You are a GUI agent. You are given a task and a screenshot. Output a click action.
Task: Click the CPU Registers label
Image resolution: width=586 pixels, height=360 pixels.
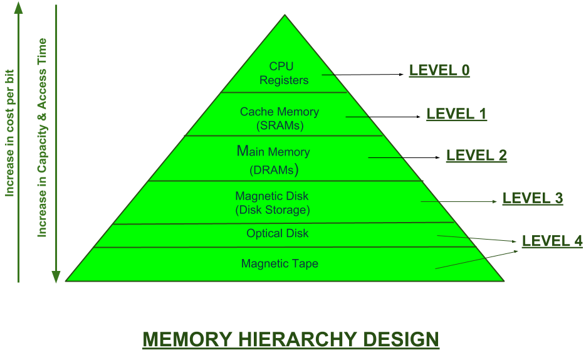point(284,73)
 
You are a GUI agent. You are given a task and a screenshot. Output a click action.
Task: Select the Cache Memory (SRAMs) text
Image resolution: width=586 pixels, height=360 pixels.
point(280,118)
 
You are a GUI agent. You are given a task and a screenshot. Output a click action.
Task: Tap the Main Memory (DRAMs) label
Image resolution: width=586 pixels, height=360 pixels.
point(273,160)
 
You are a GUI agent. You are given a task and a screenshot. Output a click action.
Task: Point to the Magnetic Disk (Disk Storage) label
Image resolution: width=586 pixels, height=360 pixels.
point(272,203)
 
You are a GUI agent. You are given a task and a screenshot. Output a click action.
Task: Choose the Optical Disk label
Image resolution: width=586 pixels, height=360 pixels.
point(278,233)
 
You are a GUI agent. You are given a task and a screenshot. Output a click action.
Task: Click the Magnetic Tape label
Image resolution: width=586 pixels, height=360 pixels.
point(280,263)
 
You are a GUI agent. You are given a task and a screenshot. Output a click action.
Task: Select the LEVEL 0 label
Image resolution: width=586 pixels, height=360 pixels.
point(439,70)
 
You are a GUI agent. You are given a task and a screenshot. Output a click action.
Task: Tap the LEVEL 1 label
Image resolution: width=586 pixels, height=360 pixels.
point(456,114)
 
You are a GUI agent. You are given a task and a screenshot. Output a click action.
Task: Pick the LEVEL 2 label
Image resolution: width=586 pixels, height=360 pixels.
point(476,155)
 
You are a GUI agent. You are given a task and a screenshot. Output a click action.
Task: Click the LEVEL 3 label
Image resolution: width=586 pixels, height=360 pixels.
point(533,198)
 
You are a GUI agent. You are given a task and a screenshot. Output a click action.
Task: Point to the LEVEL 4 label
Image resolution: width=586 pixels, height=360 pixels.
point(552,241)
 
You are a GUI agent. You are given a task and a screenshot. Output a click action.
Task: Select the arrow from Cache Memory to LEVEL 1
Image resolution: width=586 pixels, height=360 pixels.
point(383,117)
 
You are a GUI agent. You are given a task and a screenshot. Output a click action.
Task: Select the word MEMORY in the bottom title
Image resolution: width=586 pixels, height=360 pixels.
point(186,339)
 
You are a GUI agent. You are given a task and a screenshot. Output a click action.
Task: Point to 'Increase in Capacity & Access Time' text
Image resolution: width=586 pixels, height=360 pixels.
point(43,138)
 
